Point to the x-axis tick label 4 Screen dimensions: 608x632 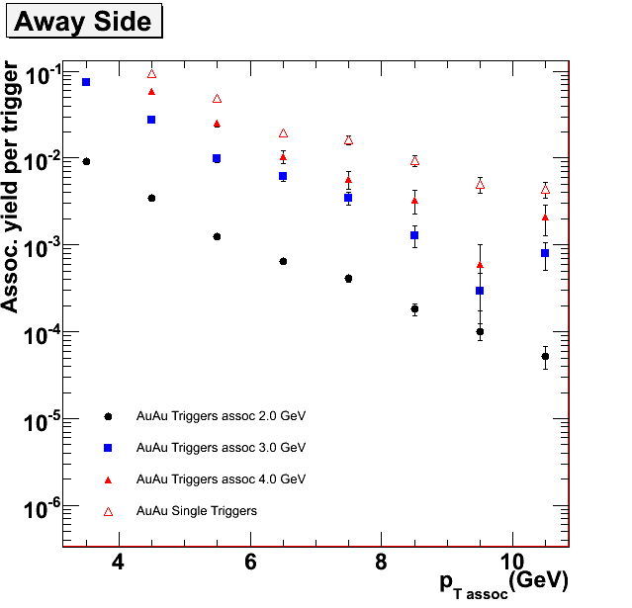[x=119, y=562]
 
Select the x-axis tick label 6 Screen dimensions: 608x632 [x=250, y=562]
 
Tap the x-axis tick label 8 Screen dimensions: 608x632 [x=382, y=562]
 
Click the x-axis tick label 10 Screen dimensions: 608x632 [x=512, y=562]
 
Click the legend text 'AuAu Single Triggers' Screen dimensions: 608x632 [x=197, y=511]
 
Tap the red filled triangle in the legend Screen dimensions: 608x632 [x=108, y=479]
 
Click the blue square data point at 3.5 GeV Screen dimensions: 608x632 [x=86, y=82]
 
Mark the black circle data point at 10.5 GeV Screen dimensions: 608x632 [x=545, y=357]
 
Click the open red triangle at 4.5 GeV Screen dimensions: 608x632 [x=151, y=74]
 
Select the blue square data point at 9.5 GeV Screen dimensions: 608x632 [x=480, y=291]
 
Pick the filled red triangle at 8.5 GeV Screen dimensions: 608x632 [x=414, y=201]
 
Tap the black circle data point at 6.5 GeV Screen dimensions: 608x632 [x=283, y=262]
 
